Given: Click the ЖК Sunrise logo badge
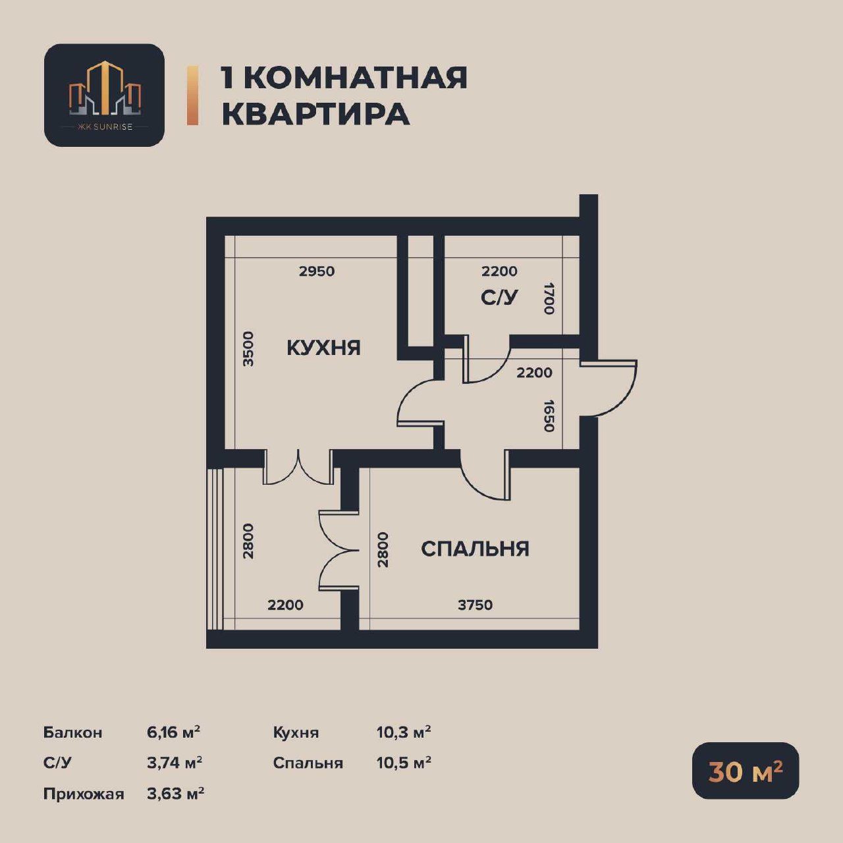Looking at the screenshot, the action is (104, 95).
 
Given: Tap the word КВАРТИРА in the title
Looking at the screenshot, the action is (315, 114).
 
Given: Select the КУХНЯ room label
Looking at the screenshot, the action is (324, 348).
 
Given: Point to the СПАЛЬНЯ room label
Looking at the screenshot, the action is (475, 549).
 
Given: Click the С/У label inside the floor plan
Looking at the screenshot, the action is (499, 298).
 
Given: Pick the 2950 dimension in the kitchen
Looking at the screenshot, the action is (317, 271).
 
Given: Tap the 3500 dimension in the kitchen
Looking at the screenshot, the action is (248, 349).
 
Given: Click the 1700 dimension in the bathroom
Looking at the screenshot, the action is (549, 298).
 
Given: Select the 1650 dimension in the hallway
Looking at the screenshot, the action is (549, 416).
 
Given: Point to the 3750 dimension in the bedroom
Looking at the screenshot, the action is (475, 605).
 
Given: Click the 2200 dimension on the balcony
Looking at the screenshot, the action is (285, 605).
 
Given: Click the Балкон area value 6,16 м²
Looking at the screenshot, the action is (174, 732).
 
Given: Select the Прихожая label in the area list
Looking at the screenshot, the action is (84, 794).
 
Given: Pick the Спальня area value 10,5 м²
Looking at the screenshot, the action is (404, 763).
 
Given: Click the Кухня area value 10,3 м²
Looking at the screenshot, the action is (404, 732).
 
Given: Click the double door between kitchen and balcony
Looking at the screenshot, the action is (298, 468).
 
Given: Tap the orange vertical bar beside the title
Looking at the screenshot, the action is (192, 95).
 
